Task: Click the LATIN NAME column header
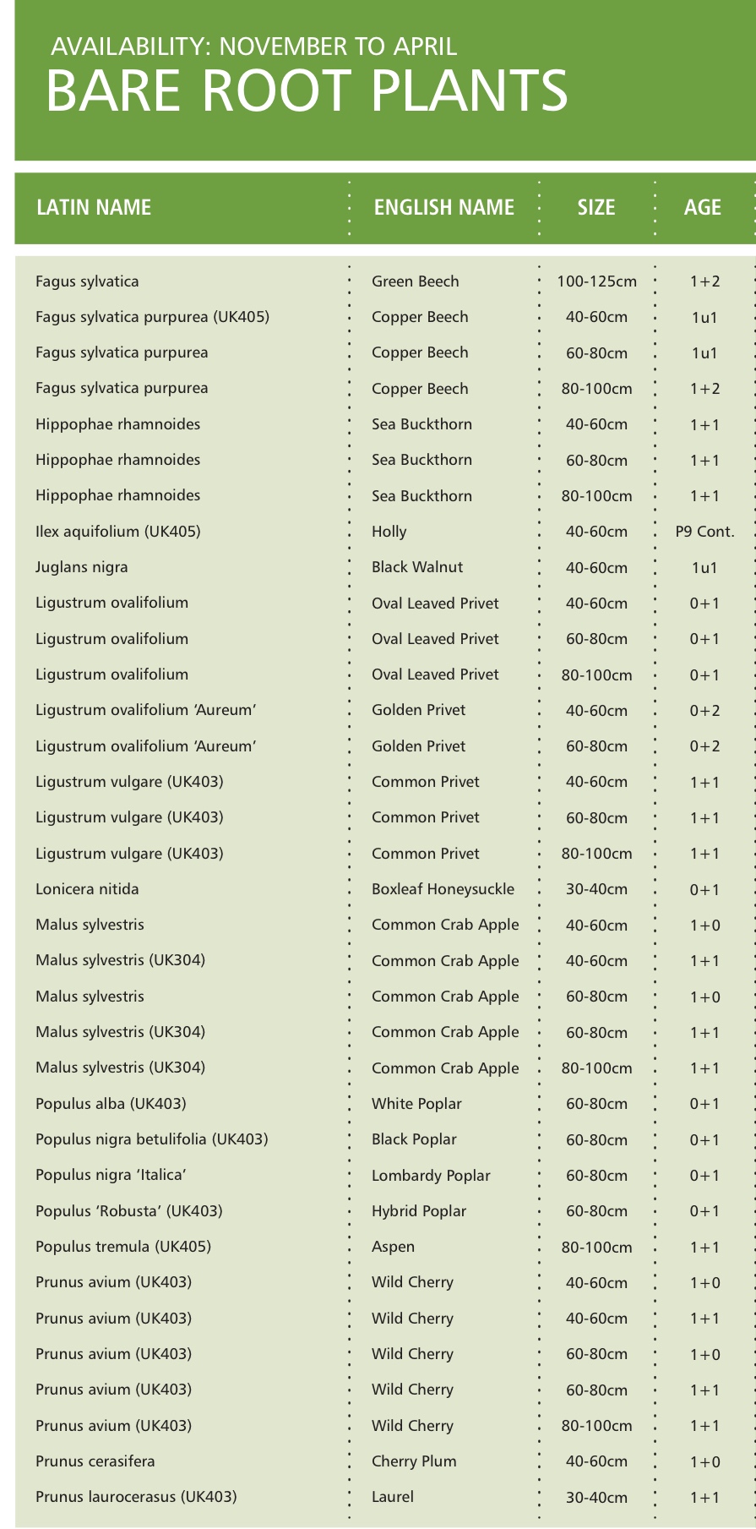(x=94, y=207)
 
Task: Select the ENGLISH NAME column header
(x=443, y=207)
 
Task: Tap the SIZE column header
(x=596, y=207)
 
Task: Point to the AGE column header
(x=703, y=207)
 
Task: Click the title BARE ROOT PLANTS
(x=306, y=91)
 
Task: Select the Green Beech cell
(x=416, y=281)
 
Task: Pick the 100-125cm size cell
(x=596, y=281)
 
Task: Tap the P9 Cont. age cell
(x=704, y=532)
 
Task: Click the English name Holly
(x=389, y=532)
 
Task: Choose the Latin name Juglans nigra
(x=82, y=567)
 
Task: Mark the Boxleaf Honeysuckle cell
(x=443, y=889)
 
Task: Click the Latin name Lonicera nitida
(x=87, y=889)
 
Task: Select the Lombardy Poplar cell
(x=431, y=1176)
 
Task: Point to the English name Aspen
(x=394, y=1247)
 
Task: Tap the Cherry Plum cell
(x=414, y=1461)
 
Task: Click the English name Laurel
(x=393, y=1497)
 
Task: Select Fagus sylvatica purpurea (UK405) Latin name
(x=152, y=317)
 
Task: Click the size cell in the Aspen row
(x=596, y=1248)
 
